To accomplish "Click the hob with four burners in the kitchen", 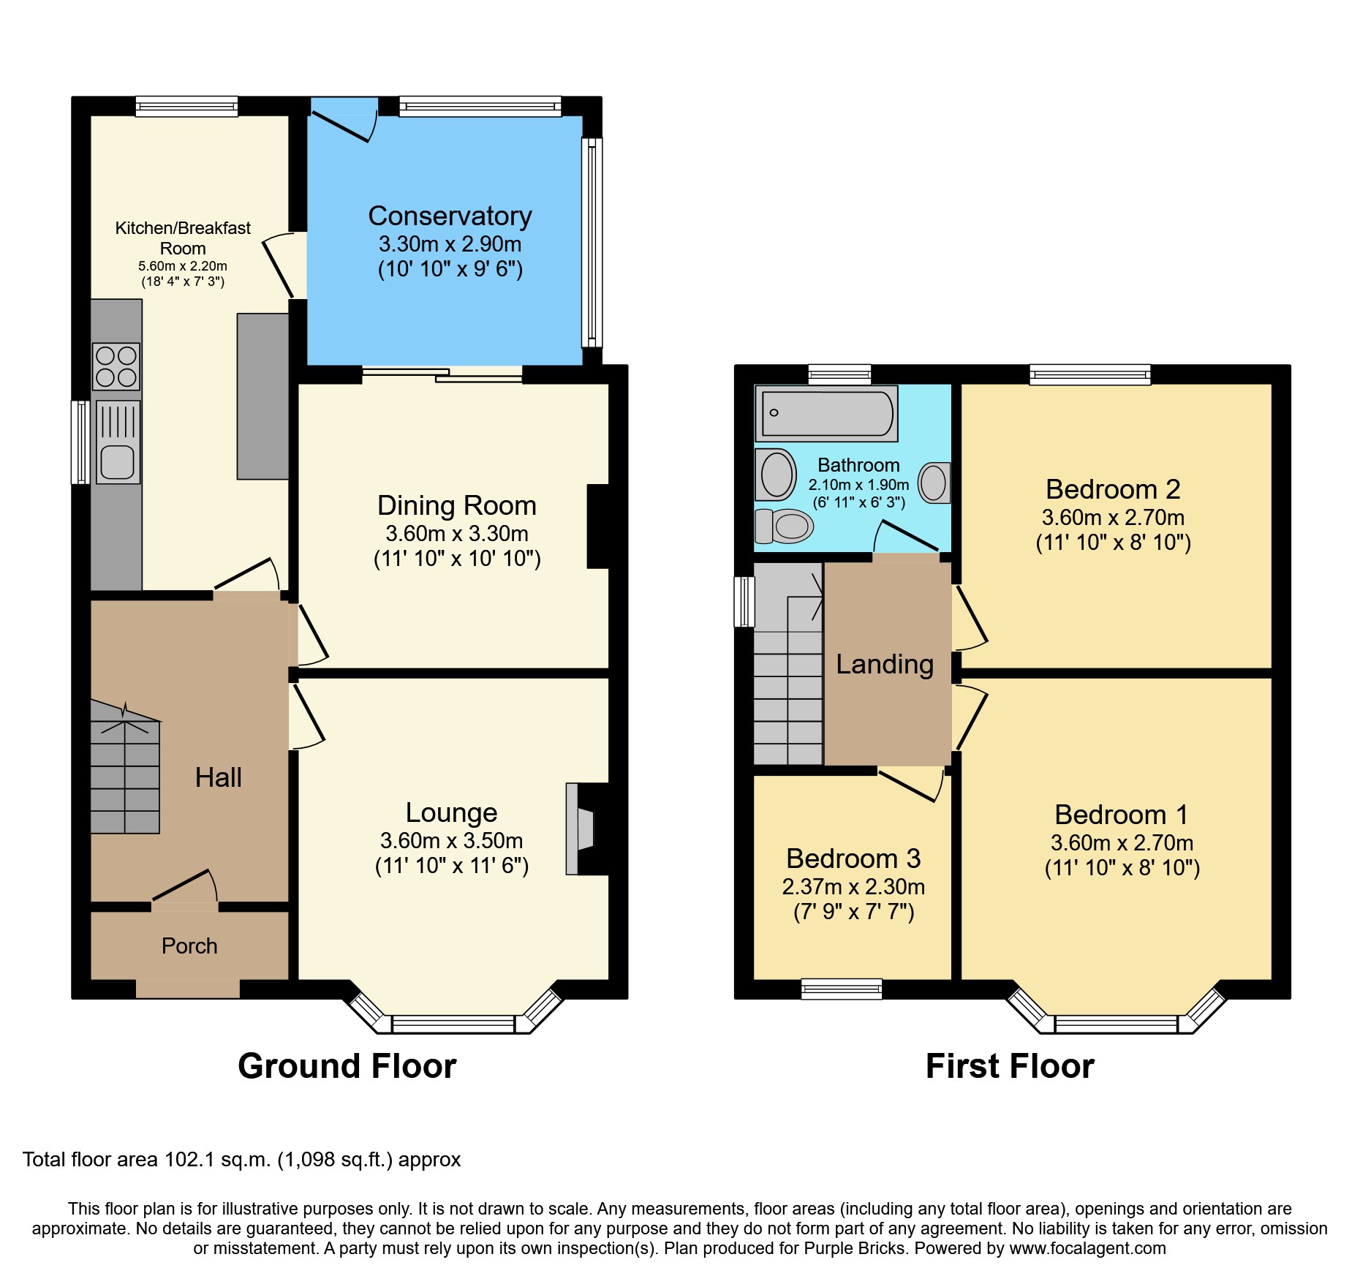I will tap(116, 366).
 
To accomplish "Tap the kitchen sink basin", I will tap(117, 461).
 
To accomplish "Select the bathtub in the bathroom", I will tap(827, 413).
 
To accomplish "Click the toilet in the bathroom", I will tap(785, 526).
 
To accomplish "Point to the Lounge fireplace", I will tap(582, 828).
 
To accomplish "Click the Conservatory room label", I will tap(450, 216).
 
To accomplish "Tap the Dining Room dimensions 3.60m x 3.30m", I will tap(457, 533).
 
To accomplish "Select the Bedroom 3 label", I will tap(853, 858).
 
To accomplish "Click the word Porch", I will tap(189, 945).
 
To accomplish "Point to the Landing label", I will tap(884, 664).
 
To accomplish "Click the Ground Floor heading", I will tap(347, 1065).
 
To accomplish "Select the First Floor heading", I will tap(1009, 1065).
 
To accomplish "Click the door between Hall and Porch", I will tap(184, 887).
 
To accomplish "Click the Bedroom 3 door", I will tap(909, 785).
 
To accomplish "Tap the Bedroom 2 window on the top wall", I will tap(1089, 374).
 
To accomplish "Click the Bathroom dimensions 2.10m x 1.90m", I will tap(858, 484).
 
